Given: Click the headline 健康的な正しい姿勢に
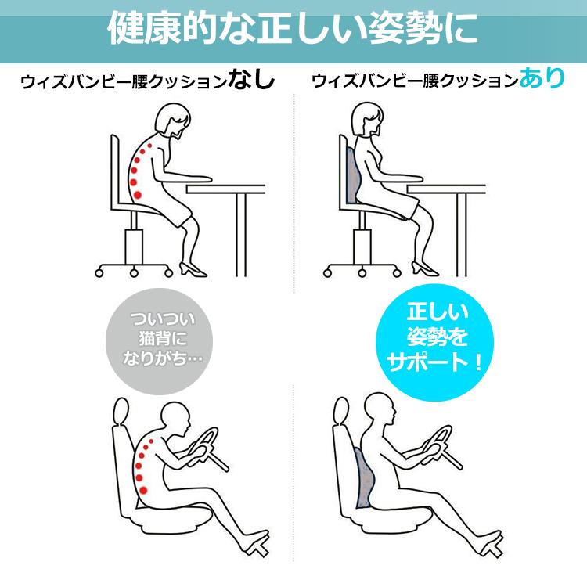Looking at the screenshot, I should [x=293, y=30].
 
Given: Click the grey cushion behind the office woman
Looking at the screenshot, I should [x=351, y=176].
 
